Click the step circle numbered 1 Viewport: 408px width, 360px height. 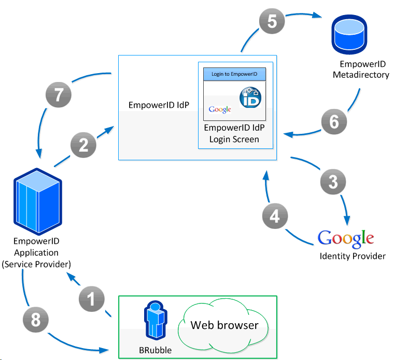pos(92,300)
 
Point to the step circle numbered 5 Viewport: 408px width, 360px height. pos(272,22)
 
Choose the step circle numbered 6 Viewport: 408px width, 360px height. pos(334,121)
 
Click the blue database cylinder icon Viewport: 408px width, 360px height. pos(348,32)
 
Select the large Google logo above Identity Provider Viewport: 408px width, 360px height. pos(346,238)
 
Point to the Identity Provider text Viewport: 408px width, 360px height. pos(353,256)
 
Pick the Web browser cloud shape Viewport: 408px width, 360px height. pos(224,326)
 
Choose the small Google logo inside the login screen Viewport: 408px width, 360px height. pos(220,109)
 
